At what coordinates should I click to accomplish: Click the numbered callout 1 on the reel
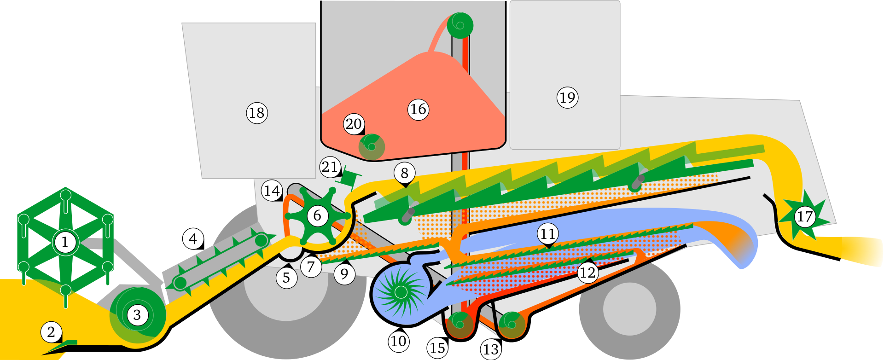pos(64,242)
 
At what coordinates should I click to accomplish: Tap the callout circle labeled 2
pos(51,332)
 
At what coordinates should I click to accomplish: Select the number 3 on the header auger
pos(137,315)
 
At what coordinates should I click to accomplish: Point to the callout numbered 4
pos(193,238)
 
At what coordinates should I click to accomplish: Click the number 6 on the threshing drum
pos(317,215)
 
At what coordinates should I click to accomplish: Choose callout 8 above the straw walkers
pos(404,173)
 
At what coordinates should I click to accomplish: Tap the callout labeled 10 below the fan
pos(399,342)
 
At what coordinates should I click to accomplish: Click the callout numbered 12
pos(587,273)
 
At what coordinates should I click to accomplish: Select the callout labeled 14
pos(272,190)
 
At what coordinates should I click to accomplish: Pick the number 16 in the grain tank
pos(418,110)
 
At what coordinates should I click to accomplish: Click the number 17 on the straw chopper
pos(805,216)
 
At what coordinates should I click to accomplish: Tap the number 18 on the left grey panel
pos(256,113)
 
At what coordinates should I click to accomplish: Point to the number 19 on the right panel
pos(567,98)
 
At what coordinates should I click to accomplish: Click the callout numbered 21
pos(330,167)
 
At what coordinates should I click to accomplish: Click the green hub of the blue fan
pos(401,292)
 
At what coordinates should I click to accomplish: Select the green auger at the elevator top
pos(460,25)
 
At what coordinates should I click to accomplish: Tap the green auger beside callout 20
pos(372,146)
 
